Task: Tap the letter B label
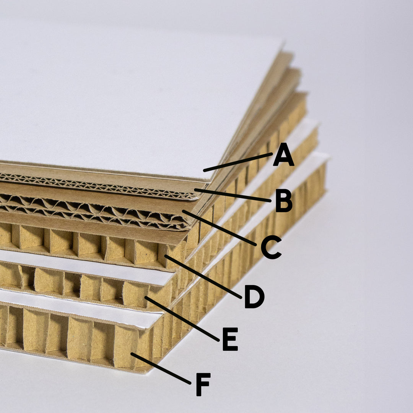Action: (x=284, y=201)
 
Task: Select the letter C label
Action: (x=271, y=247)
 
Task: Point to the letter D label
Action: (x=254, y=297)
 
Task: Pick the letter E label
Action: (x=230, y=339)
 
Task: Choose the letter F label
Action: (x=203, y=384)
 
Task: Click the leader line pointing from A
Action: (x=238, y=162)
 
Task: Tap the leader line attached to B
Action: (x=233, y=195)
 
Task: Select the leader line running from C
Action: (x=219, y=228)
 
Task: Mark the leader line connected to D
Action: (x=203, y=277)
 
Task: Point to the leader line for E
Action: (x=182, y=319)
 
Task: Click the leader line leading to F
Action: (x=161, y=368)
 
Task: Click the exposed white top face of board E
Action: (x=87, y=266)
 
